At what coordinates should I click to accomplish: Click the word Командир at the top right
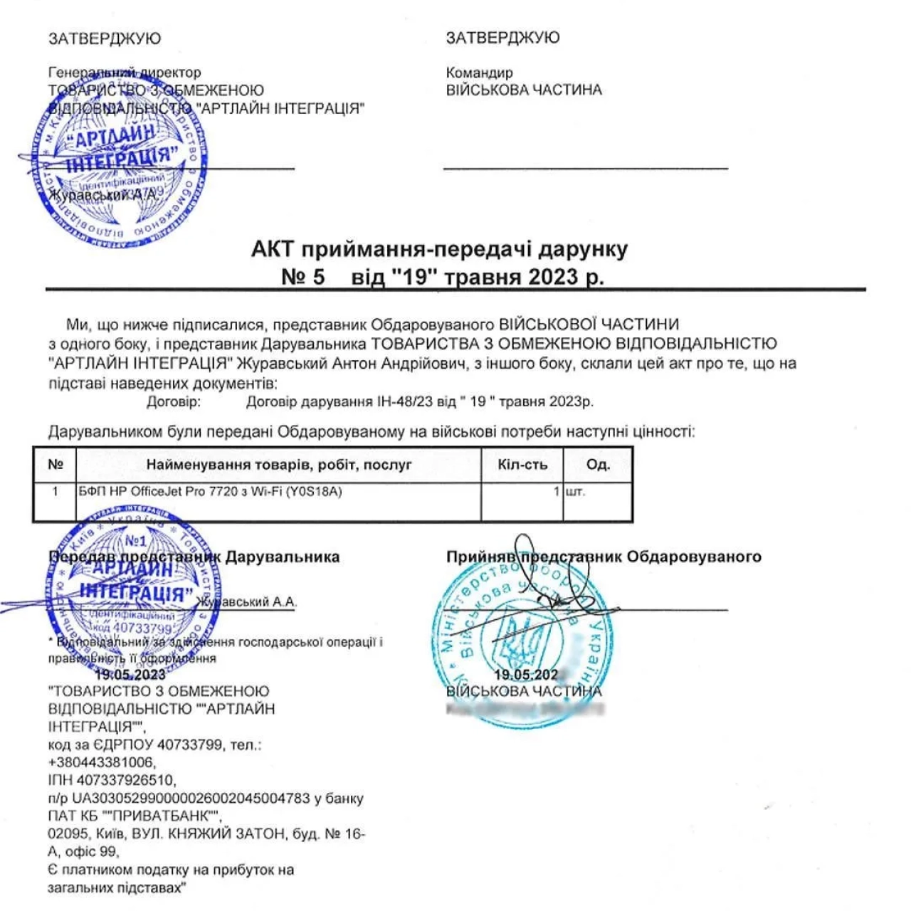479,73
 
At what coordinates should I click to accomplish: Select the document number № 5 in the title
303,277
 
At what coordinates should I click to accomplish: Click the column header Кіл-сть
522,465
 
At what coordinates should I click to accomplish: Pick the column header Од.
598,465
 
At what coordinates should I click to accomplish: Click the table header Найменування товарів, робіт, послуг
279,465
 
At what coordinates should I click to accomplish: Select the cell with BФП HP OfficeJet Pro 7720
211,492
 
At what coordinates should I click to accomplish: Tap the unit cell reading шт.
575,492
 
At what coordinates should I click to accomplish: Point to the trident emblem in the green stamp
517,636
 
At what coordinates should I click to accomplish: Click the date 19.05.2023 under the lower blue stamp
130,675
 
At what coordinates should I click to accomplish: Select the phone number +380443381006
102,762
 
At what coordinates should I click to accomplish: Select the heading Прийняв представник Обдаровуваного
604,557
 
